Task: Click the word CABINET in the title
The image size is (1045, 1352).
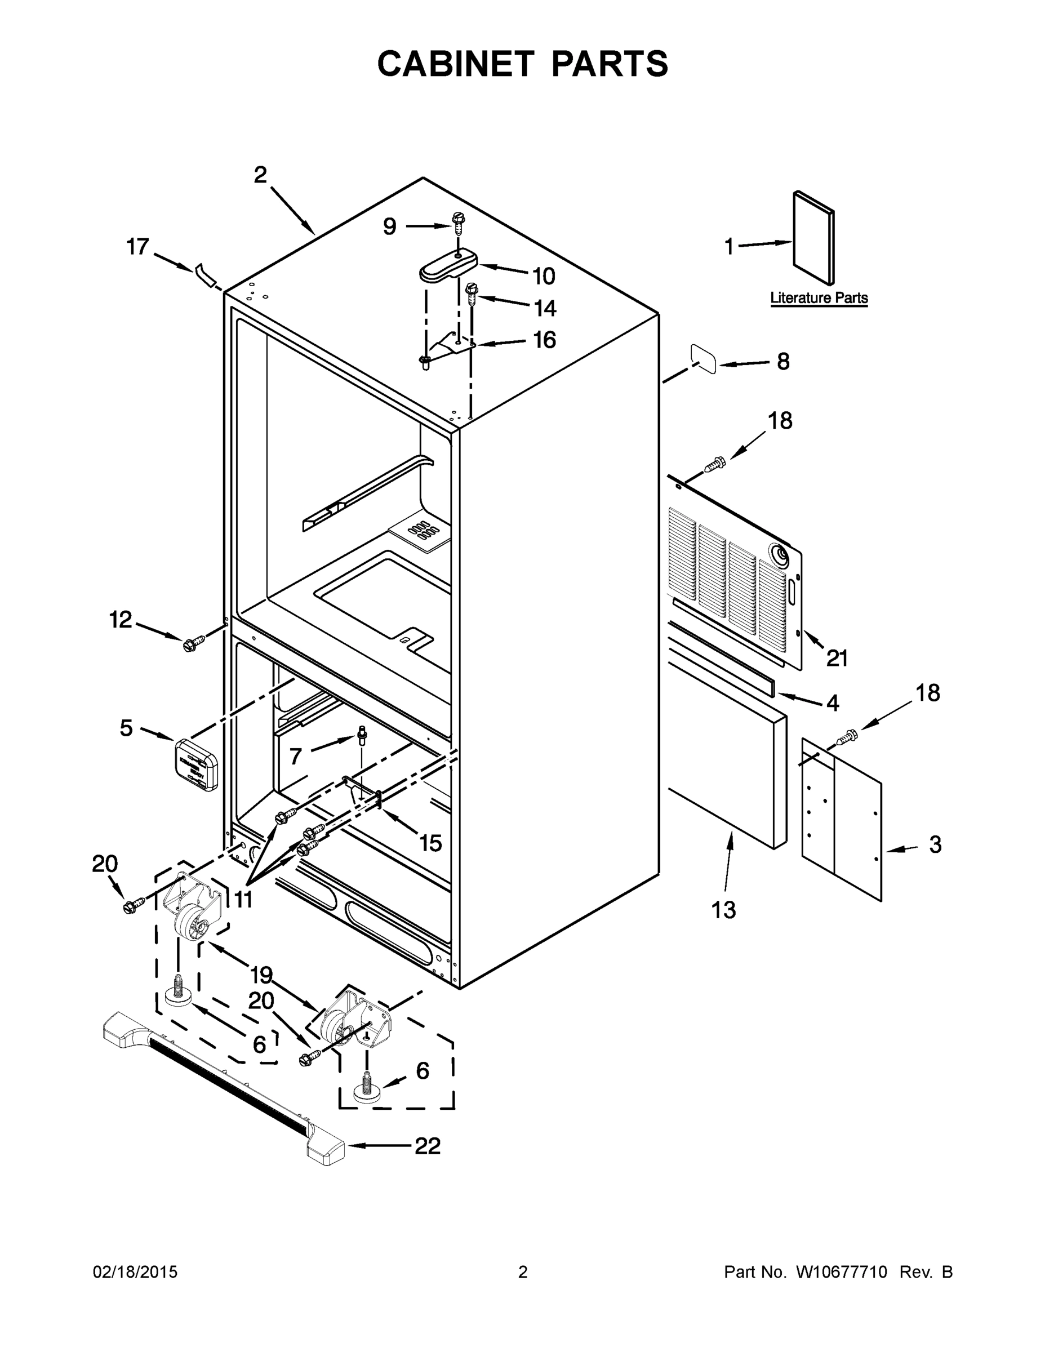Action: [x=455, y=64]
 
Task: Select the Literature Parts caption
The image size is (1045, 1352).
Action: [x=819, y=298]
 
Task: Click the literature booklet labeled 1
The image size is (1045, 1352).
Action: [x=813, y=238]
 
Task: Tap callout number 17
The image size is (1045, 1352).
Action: [x=137, y=247]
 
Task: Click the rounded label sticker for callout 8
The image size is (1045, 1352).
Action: [x=702, y=359]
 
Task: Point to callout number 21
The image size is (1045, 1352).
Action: [x=837, y=658]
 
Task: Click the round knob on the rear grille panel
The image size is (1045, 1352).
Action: [x=778, y=555]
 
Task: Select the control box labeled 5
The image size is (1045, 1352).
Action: [x=196, y=764]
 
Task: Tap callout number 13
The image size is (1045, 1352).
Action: [x=723, y=909]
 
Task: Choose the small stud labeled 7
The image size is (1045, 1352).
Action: [x=362, y=736]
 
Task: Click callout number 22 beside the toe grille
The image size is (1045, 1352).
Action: [x=427, y=1146]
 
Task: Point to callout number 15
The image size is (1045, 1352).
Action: [x=430, y=843]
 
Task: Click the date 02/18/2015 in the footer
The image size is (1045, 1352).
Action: [x=135, y=1272]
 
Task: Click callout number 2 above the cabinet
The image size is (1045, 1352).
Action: [x=260, y=175]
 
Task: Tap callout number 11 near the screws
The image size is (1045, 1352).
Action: [x=243, y=900]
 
